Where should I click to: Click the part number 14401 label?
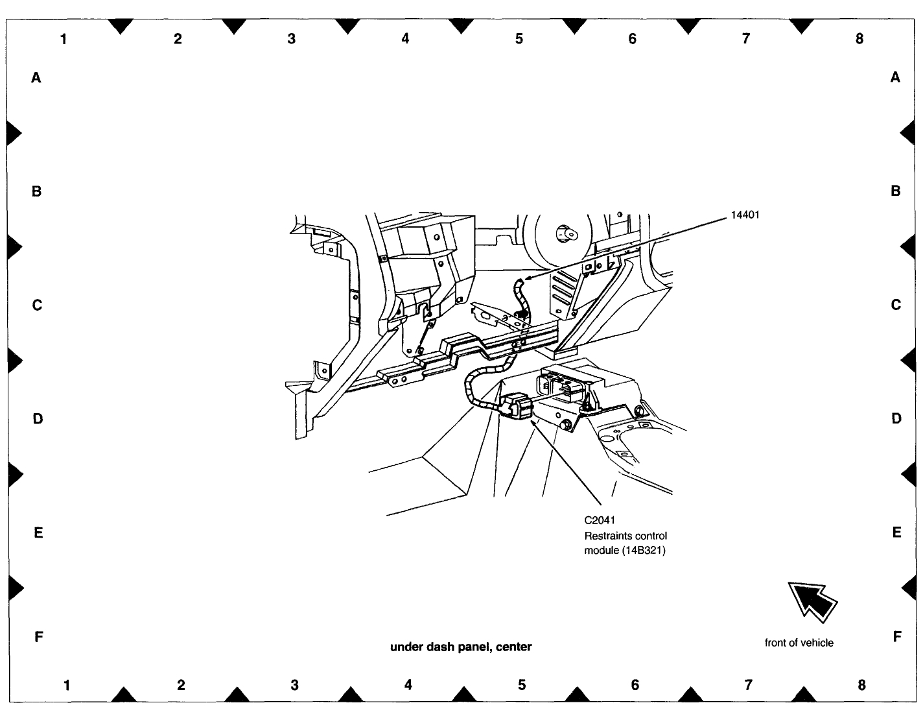pyautogui.click(x=745, y=215)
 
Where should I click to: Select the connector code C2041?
pyautogui.click(x=600, y=520)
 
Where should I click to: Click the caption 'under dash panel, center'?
pyautogui.click(x=461, y=647)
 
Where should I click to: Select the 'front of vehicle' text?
pyautogui.click(x=799, y=643)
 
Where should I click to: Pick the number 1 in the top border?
pyautogui.click(x=64, y=39)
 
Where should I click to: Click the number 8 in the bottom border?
pyautogui.click(x=861, y=685)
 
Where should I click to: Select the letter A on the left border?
pyautogui.click(x=36, y=78)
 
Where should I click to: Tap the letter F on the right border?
pyautogui.click(x=897, y=637)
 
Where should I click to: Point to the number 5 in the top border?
pyautogui.click(x=519, y=39)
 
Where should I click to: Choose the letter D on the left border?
pyautogui.click(x=38, y=419)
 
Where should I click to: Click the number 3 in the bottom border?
pyautogui.click(x=294, y=685)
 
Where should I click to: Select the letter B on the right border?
pyautogui.click(x=896, y=191)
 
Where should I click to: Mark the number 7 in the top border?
pyautogui.click(x=746, y=39)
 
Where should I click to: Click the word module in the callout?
pyautogui.click(x=602, y=551)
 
